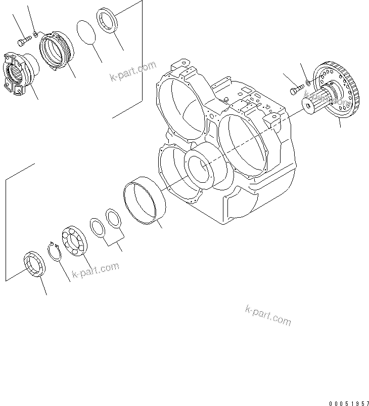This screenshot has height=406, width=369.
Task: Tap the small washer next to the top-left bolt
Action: [x=34, y=35]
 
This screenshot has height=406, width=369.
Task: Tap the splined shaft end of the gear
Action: [x=309, y=103]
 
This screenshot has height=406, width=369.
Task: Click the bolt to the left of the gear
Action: [x=295, y=90]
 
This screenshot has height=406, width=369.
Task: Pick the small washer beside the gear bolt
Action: [x=308, y=82]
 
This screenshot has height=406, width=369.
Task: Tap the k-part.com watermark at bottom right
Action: [x=268, y=315]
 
